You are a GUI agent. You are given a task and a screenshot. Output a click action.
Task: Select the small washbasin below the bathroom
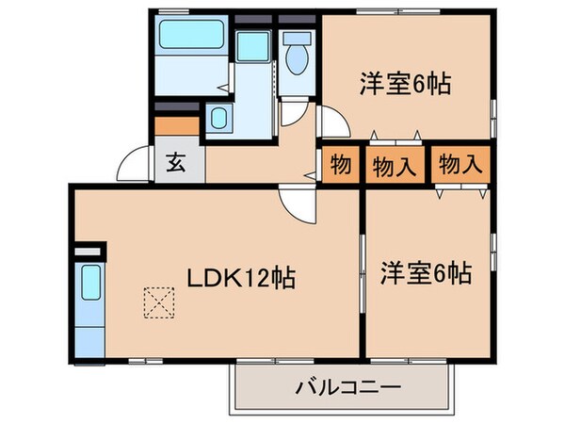coord(218,121)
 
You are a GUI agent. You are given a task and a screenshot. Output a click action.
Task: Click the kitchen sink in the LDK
coord(90,283)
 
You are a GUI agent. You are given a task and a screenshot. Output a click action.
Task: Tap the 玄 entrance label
coord(175,162)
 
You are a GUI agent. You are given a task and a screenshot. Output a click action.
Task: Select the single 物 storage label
coord(340,166)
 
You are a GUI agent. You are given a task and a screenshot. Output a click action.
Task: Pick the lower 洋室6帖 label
coord(426,273)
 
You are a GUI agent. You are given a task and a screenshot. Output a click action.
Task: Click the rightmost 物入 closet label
coord(460,166)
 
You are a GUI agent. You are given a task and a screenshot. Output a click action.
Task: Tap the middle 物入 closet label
coord(395,166)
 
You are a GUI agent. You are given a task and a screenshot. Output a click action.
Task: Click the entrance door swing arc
coord(130,166)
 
